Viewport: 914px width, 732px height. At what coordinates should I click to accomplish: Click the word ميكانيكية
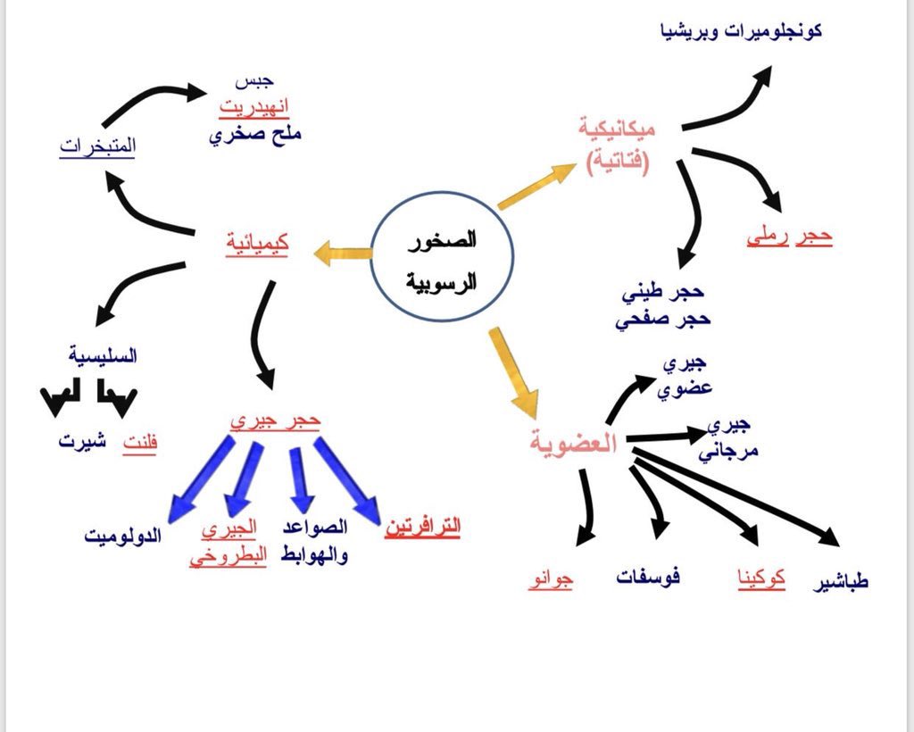(616, 129)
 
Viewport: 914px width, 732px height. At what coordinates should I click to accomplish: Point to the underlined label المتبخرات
(97, 146)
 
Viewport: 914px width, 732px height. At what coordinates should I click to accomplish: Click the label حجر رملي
(789, 237)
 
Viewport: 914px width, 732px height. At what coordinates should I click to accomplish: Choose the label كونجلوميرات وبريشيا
(739, 31)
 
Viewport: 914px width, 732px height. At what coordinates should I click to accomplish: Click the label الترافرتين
(422, 527)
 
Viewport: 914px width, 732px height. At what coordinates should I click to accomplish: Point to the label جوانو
(551, 580)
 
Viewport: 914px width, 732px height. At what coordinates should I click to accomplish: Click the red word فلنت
(139, 442)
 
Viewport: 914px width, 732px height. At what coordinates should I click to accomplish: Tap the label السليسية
(104, 356)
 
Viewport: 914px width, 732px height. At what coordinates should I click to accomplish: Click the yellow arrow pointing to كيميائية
(343, 255)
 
